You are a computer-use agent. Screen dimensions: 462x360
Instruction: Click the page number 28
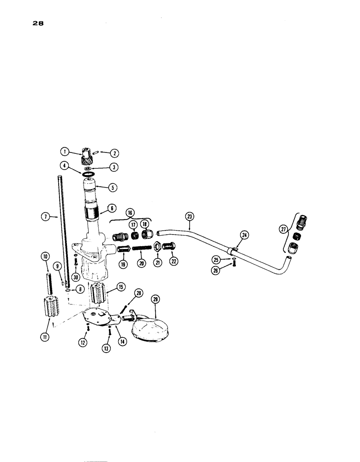tap(38, 24)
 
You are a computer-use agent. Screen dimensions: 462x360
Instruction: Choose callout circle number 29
tap(155, 300)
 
